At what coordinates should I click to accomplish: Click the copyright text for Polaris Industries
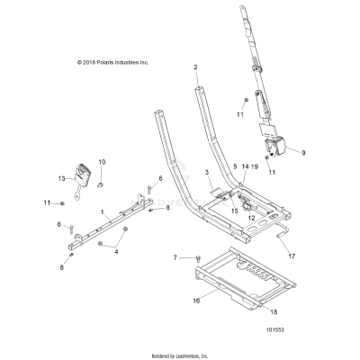click(100, 62)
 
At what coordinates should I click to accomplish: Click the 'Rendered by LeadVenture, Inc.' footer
click(180, 354)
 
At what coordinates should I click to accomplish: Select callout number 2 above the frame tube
click(195, 67)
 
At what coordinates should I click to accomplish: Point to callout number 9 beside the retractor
click(302, 154)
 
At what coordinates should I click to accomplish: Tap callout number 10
click(101, 162)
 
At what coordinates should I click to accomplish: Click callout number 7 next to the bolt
click(175, 258)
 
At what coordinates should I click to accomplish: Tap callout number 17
click(291, 256)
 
